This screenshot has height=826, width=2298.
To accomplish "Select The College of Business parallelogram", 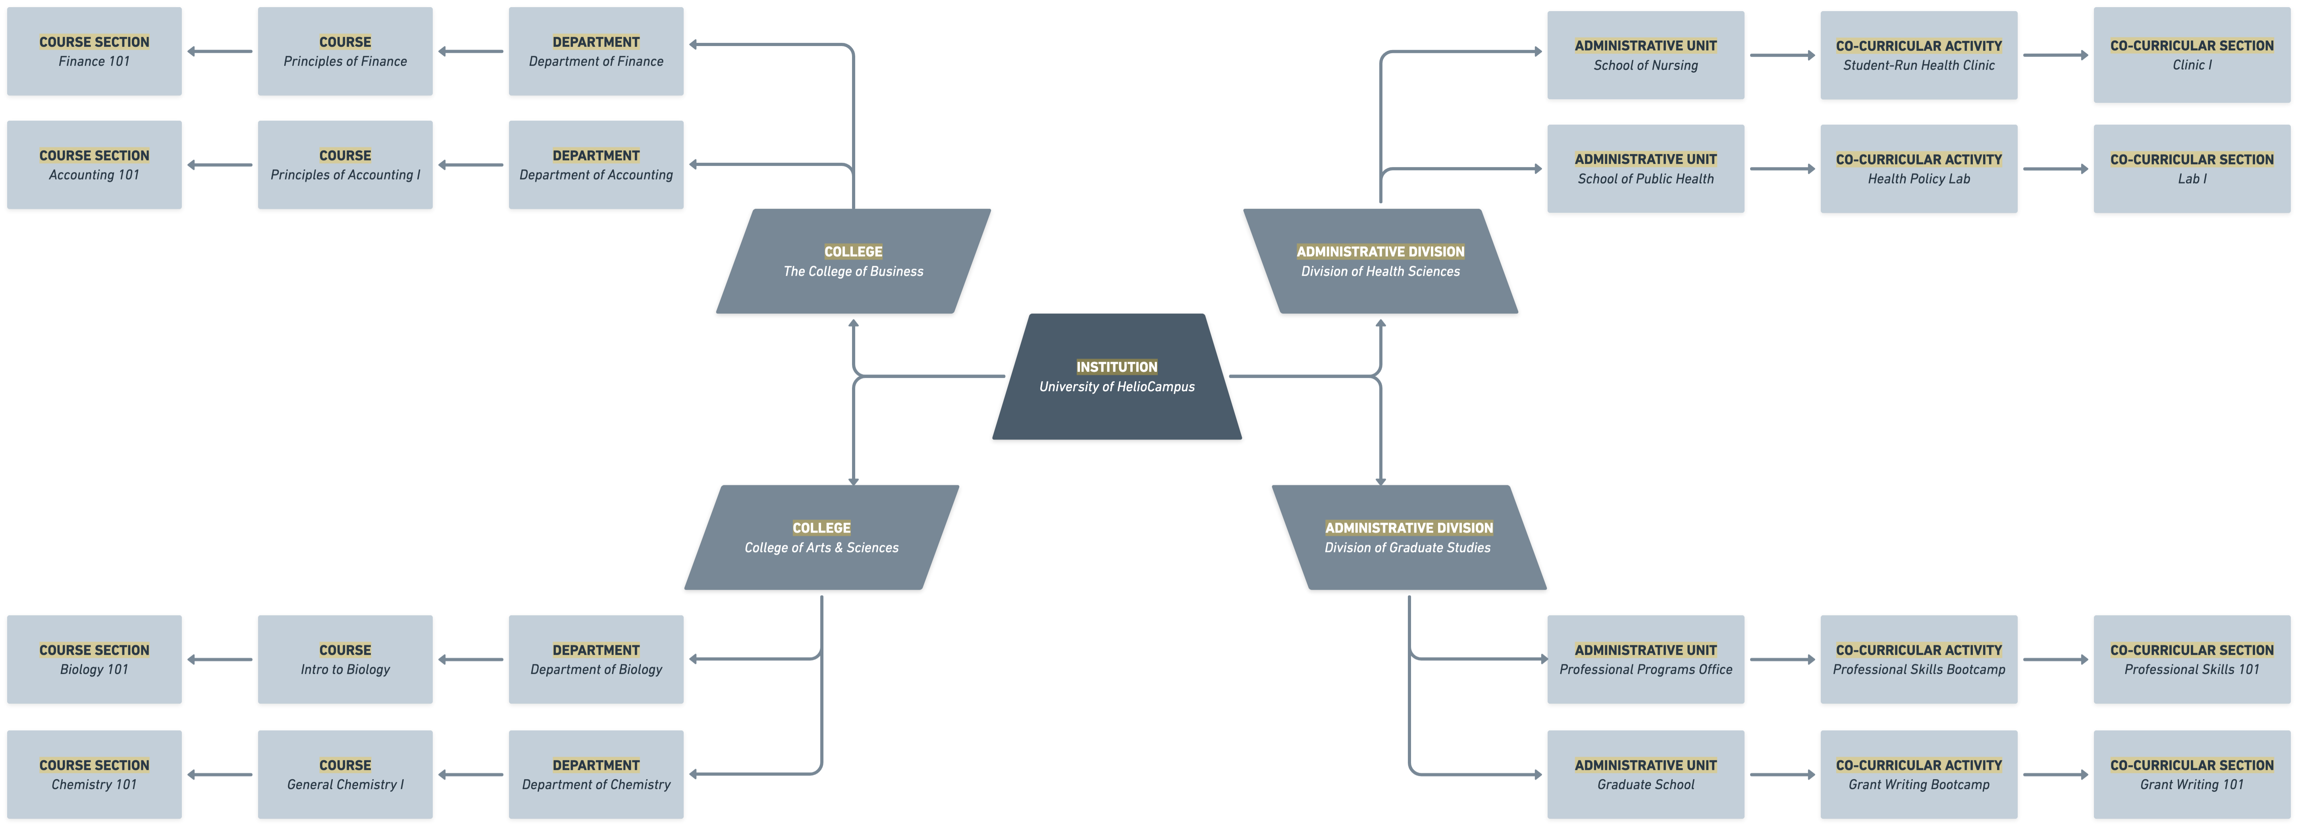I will click(853, 261).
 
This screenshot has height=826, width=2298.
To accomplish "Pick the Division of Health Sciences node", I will click(1380, 261).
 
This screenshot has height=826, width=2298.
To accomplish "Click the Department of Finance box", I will click(596, 52).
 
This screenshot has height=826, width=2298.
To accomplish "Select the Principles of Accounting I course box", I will click(345, 165).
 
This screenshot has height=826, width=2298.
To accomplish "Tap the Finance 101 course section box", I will click(94, 52).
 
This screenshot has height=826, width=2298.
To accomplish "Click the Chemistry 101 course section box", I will click(94, 774).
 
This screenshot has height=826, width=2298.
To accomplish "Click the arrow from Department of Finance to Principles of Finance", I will click(471, 52).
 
